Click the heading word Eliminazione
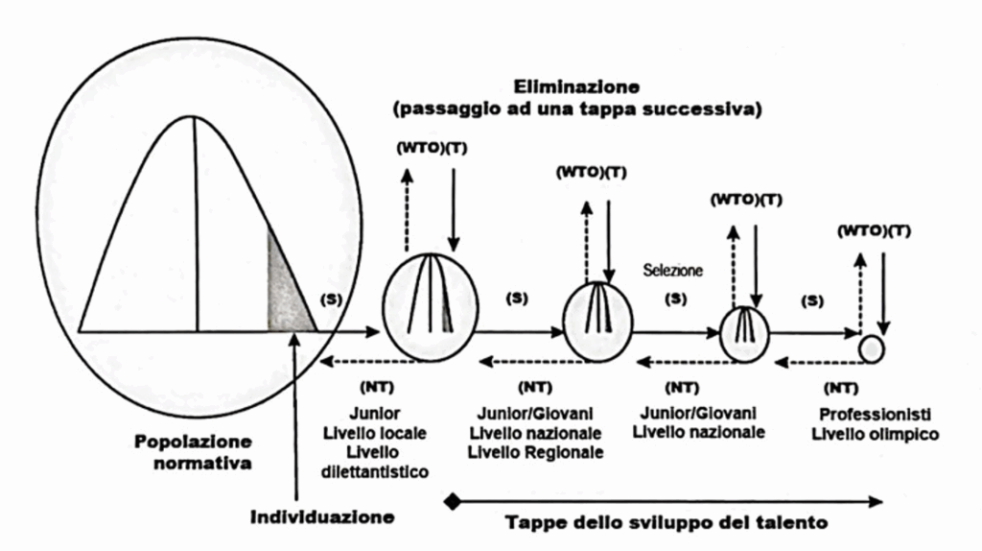577,86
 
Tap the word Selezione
673,271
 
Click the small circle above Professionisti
871,348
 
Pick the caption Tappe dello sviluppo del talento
666,524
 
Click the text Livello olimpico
875,435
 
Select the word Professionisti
875,415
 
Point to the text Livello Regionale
535,452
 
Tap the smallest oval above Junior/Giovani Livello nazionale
744,334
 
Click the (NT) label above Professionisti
841,388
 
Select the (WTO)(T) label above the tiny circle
874,230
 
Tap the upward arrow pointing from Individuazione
292,413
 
